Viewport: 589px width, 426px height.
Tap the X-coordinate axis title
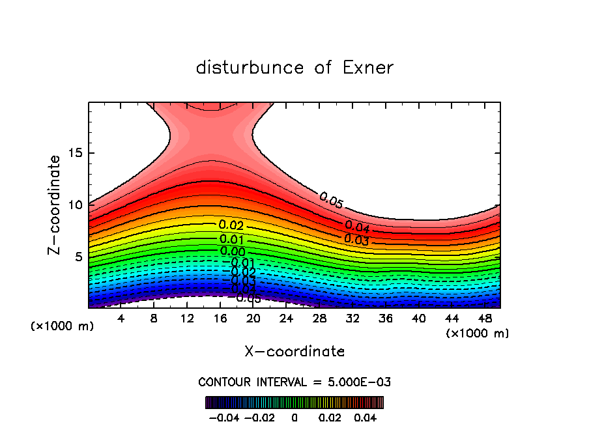tap(294, 352)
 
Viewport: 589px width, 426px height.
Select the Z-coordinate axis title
tap(55, 205)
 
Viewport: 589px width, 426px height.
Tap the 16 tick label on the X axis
tap(220, 319)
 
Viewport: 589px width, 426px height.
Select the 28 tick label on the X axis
tap(319, 319)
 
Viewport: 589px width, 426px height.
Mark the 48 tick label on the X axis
tap(485, 319)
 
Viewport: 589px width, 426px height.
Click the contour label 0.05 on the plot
tap(331, 201)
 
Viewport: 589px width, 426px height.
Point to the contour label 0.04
tap(357, 227)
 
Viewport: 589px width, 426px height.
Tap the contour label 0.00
tap(233, 251)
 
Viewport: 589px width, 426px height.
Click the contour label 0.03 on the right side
tap(356, 239)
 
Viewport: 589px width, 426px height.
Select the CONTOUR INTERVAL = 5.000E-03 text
tap(294, 382)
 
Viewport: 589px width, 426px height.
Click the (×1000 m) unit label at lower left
tap(63, 326)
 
